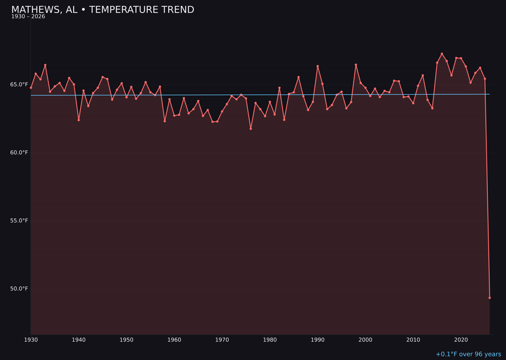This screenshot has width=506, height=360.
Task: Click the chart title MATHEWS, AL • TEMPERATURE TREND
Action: point(103,10)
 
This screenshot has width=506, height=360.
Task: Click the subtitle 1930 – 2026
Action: point(28,17)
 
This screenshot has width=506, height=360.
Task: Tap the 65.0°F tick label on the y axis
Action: point(19,84)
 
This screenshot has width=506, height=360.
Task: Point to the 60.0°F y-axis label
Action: point(19,152)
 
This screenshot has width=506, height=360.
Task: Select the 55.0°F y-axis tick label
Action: point(19,220)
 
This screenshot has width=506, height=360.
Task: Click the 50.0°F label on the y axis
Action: point(19,288)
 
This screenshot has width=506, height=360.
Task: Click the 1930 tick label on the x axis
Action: point(31,340)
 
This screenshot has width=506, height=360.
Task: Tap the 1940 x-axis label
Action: point(79,340)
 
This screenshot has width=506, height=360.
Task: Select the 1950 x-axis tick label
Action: point(126,340)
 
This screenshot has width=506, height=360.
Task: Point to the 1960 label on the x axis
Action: point(174,340)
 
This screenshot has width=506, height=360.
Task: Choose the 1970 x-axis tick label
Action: point(222,340)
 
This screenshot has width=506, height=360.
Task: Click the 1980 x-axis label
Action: point(270,340)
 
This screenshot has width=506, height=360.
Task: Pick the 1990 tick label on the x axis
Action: point(318,340)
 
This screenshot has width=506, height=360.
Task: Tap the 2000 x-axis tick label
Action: point(365,340)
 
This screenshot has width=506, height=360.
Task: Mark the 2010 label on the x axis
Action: point(413,340)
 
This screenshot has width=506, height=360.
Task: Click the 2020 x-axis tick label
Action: point(461,340)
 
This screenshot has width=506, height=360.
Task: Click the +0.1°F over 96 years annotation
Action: point(468,354)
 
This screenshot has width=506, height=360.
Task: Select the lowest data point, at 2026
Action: point(490,298)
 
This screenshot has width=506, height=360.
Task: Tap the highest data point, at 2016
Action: point(442,54)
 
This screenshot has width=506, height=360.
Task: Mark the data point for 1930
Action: point(31,88)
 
